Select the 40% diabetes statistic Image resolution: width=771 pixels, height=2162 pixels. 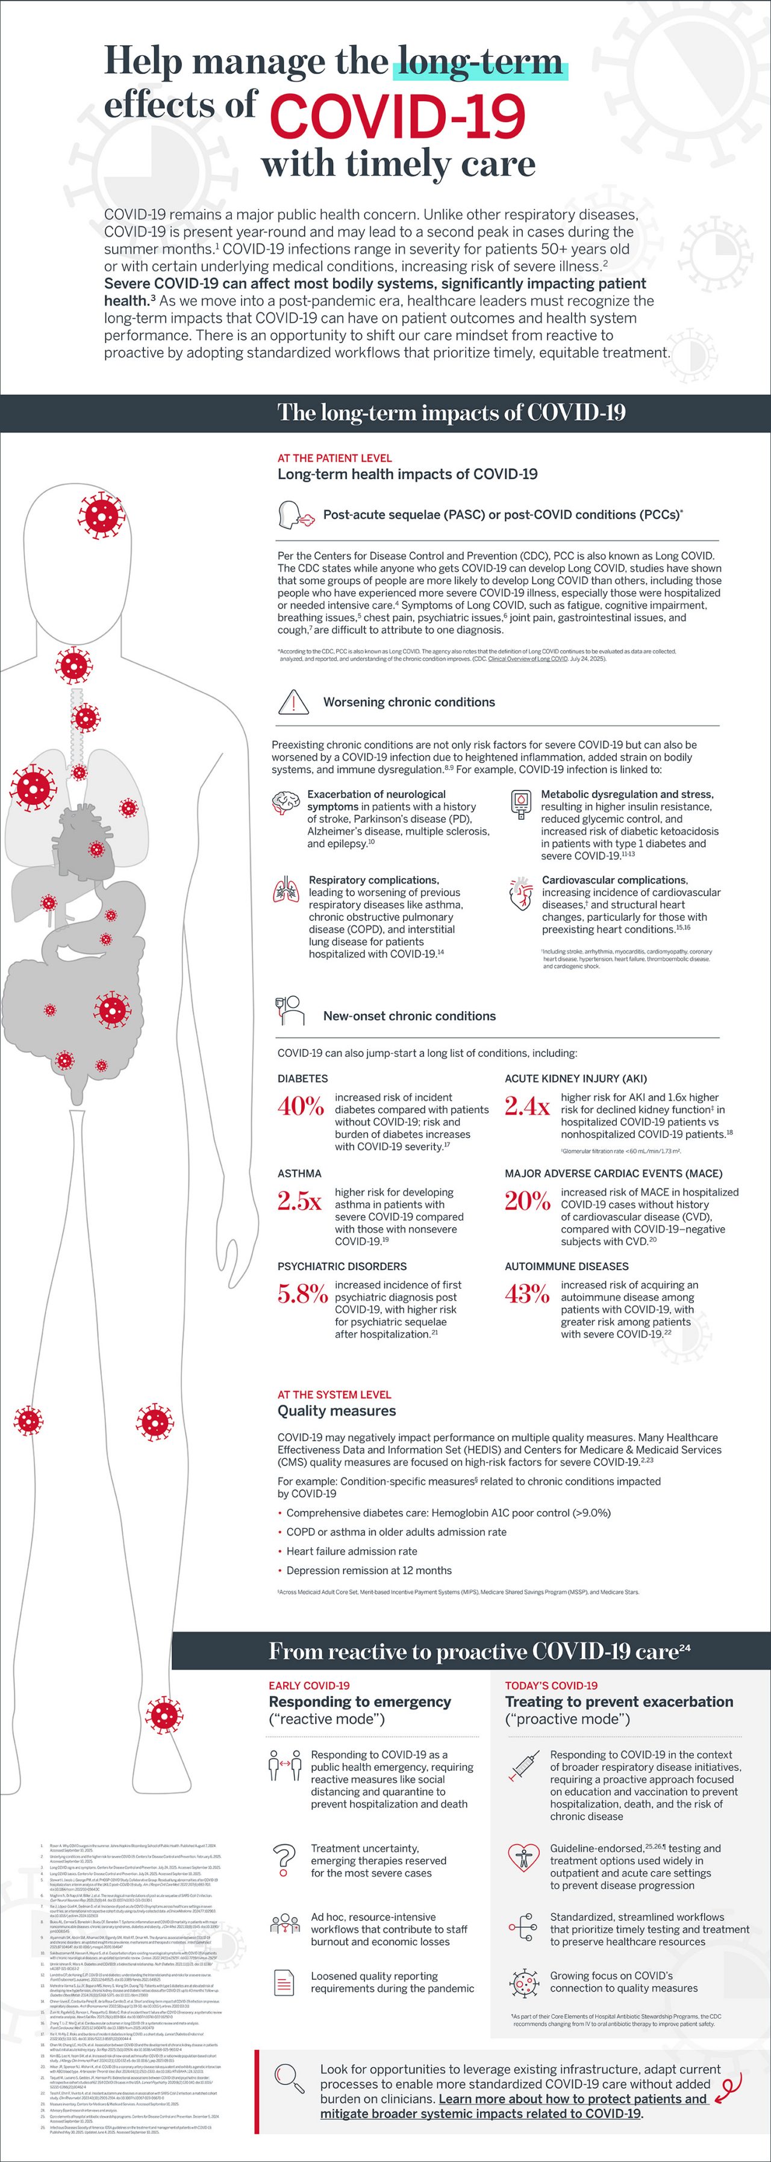(x=301, y=1106)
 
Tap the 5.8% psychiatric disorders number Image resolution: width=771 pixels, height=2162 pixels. (x=302, y=1294)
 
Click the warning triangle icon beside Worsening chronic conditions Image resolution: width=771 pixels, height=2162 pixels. (x=293, y=702)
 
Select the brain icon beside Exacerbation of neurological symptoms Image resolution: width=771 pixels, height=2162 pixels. (x=286, y=803)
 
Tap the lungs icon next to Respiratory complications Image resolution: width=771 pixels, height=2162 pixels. (x=286, y=890)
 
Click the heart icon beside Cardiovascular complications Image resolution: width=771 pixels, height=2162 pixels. (x=520, y=893)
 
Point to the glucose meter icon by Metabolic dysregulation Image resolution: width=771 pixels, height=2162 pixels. (x=520, y=803)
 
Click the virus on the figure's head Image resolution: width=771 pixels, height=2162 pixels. (x=102, y=513)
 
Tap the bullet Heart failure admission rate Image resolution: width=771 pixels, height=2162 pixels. (x=352, y=1551)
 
